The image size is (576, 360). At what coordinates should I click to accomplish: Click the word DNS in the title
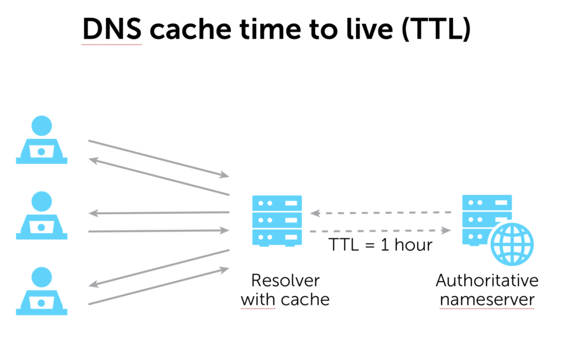[x=111, y=30]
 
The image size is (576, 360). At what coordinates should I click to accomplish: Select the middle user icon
[x=42, y=215]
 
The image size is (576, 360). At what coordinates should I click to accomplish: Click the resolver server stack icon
[x=277, y=220]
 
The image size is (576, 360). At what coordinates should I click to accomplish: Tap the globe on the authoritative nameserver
[x=511, y=243]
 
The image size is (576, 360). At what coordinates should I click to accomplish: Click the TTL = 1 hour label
[x=380, y=245]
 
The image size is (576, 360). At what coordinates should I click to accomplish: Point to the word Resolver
[x=285, y=281]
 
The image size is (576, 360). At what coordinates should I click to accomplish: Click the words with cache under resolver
[x=285, y=299]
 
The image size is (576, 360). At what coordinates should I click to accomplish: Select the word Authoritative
[x=487, y=281]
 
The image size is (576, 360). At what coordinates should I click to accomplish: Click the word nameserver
[x=487, y=299]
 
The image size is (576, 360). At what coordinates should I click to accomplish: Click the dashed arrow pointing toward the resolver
[x=381, y=213]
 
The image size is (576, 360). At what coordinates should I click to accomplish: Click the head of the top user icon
[x=42, y=126]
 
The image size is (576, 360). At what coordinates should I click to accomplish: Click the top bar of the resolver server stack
[x=277, y=203]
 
